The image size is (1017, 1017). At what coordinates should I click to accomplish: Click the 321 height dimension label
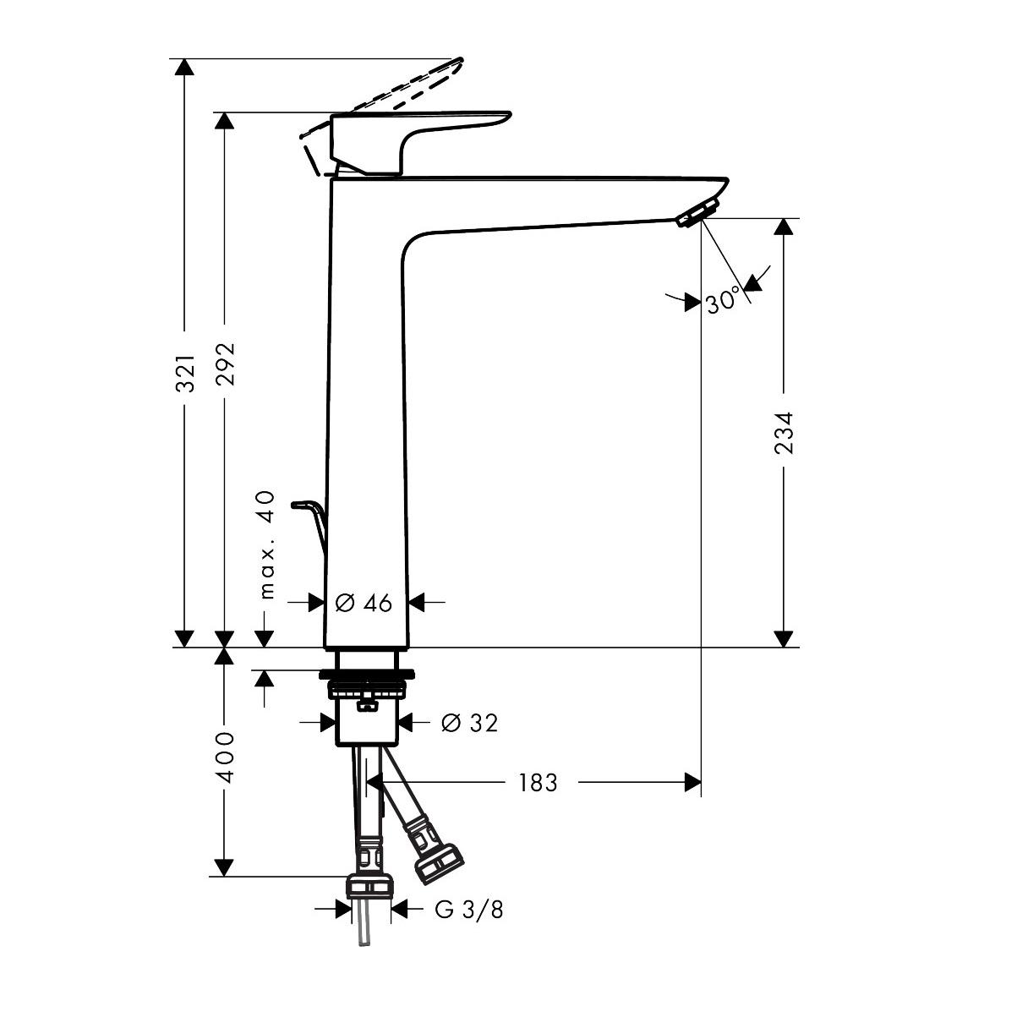pos(187,373)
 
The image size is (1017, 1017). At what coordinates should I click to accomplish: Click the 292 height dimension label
pos(225,364)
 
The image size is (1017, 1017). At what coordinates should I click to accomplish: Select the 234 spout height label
pos(785,433)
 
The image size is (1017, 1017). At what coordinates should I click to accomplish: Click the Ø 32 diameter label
pos(470,723)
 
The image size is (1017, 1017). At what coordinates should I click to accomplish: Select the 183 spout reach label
pos(539,784)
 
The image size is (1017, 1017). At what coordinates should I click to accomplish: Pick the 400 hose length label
pos(225,757)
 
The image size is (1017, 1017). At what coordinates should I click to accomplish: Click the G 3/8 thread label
pos(469,910)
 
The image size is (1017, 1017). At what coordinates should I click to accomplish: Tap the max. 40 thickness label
pos(268,544)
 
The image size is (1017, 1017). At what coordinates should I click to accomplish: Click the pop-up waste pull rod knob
pos(301,505)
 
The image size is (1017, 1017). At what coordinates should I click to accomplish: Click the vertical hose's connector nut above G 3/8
pos(370,887)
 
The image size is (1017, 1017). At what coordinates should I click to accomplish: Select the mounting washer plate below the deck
pos(369,675)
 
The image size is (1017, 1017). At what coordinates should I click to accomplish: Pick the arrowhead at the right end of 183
pos(692,783)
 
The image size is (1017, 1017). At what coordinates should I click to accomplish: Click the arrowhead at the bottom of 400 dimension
pos(224,867)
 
